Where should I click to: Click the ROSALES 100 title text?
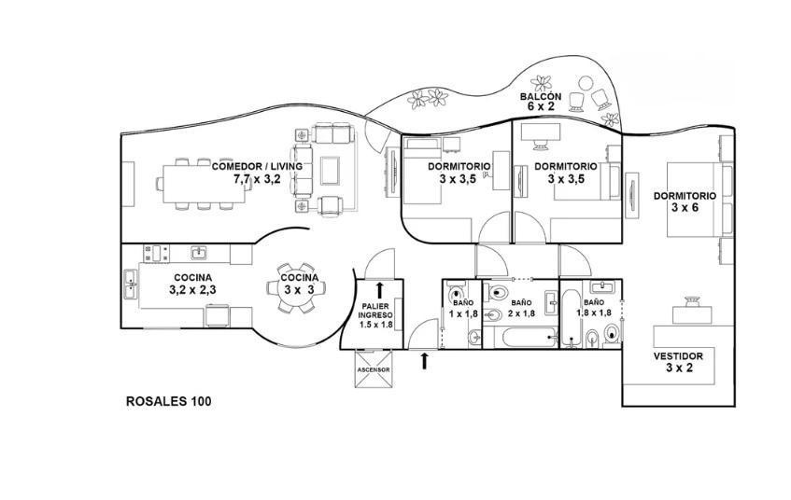tap(168, 402)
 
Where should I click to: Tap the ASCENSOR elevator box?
tap(374, 369)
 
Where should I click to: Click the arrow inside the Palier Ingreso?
tap(379, 289)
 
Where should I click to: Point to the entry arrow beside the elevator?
tap(424, 361)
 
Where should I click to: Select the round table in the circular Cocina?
tap(296, 288)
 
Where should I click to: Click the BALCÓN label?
tap(541, 96)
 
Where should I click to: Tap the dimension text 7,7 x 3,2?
tap(257, 178)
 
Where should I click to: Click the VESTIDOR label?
tap(678, 356)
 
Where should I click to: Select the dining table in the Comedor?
tap(204, 184)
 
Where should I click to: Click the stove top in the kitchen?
tap(156, 253)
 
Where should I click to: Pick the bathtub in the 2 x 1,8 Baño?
tap(530, 338)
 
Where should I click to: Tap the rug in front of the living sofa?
tap(331, 171)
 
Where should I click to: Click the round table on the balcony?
tap(586, 83)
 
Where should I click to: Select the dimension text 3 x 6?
tap(685, 207)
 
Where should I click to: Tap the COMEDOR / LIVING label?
tap(257, 166)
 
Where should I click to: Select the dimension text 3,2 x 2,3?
tap(192, 290)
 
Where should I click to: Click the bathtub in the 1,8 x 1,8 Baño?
tap(572, 318)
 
